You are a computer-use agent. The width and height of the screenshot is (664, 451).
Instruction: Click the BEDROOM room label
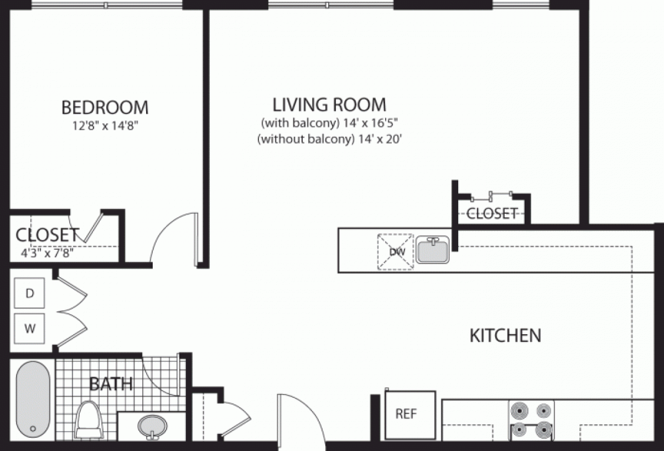pos(105,106)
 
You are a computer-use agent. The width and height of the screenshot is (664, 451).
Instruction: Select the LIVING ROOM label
pos(329,104)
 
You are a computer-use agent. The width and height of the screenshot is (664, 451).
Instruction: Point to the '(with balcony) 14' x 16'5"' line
pos(329,122)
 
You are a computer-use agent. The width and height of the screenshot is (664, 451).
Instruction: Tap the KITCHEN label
pos(505,335)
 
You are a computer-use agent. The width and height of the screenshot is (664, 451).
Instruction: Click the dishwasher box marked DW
pos(396,252)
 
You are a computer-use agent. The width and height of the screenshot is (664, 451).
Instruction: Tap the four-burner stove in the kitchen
pos(531,420)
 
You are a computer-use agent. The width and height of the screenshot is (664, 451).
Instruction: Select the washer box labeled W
pos(30,328)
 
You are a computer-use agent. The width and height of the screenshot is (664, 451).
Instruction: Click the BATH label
pos(111,383)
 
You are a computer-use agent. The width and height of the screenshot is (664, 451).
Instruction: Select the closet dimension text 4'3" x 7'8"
pos(46,254)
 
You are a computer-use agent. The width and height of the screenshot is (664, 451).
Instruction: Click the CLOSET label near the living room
pos(492,213)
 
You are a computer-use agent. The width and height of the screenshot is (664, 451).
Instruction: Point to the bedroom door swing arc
pos(169,235)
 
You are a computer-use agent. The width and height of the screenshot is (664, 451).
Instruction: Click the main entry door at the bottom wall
pos(302,421)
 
